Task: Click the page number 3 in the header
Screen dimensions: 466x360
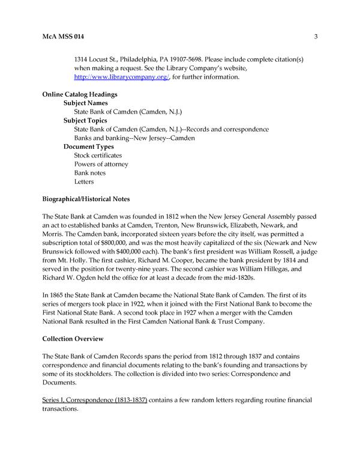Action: click(x=315, y=37)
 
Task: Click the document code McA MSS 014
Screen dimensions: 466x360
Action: click(x=63, y=37)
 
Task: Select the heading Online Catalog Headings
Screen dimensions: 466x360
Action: click(x=80, y=94)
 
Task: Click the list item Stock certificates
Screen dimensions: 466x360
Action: click(x=98, y=155)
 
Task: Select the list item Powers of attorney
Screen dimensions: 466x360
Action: click(x=101, y=164)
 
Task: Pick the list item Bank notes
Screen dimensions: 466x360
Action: click(x=90, y=172)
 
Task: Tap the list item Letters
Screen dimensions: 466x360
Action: click(x=84, y=181)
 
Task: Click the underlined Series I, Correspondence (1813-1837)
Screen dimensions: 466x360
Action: click(x=95, y=399)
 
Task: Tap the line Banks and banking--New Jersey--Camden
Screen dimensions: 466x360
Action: click(x=135, y=138)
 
